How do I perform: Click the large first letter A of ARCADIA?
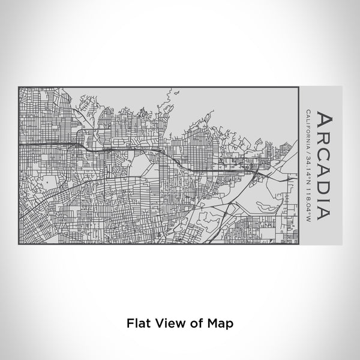pos(322,118)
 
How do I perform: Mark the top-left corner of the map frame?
pos(19,87)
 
